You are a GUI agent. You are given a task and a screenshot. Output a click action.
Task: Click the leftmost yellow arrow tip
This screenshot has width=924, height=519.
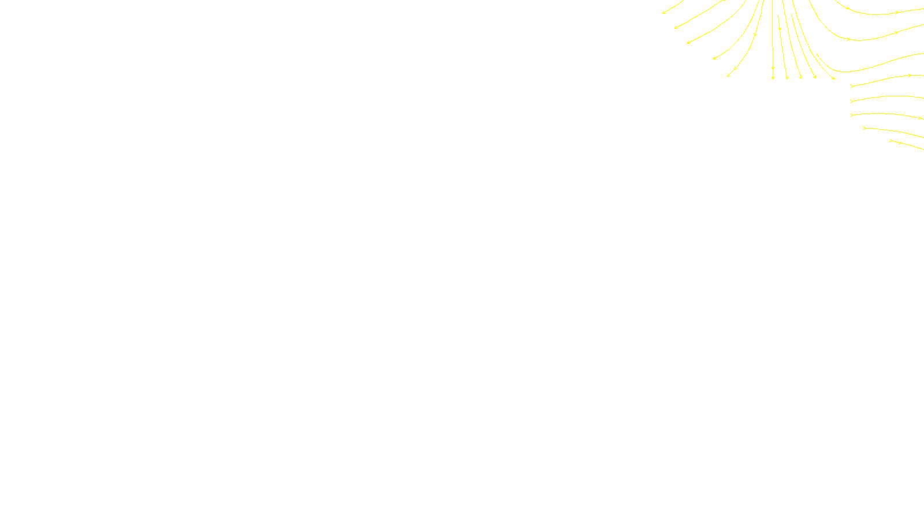[x=663, y=13]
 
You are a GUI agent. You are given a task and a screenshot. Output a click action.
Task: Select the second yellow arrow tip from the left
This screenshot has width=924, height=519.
[x=675, y=28]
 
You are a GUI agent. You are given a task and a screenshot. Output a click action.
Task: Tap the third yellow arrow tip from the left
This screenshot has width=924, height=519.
[x=687, y=43]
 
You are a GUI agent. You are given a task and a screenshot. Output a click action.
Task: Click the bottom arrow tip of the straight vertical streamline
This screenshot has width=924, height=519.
[x=773, y=78]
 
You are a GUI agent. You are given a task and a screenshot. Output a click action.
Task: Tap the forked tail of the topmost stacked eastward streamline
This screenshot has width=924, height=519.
[x=852, y=86]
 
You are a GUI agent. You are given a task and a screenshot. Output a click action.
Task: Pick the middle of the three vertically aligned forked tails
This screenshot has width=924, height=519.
[x=852, y=101]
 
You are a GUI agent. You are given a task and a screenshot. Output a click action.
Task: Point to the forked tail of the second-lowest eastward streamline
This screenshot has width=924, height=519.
[x=865, y=128]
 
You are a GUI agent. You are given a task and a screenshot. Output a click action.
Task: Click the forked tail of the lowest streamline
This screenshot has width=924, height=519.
[x=891, y=140]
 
